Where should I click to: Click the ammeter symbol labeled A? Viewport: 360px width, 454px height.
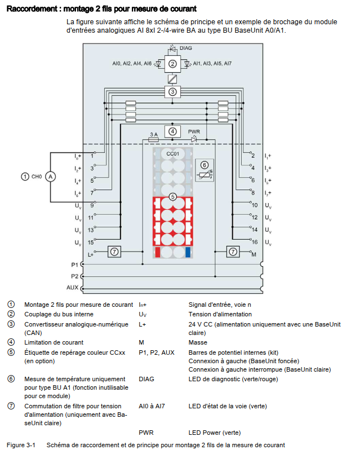[50, 177]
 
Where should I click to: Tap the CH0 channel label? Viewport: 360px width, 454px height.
[35, 177]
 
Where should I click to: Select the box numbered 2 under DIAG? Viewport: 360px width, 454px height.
[172, 63]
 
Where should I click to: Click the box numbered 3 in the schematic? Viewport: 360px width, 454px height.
[172, 91]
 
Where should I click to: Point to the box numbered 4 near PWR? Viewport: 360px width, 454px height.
[172, 131]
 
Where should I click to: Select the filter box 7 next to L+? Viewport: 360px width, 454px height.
[114, 251]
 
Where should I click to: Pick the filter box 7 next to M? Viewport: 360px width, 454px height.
[233, 251]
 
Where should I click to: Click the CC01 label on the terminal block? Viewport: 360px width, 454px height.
[172, 153]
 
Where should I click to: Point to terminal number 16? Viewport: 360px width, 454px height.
[255, 242]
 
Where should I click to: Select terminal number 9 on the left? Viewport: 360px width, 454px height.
[91, 206]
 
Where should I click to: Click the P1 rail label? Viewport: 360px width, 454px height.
[74, 265]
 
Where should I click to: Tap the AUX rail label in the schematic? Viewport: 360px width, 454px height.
[72, 287]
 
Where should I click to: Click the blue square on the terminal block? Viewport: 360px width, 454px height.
[188, 252]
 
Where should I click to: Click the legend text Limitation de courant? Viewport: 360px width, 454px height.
[54, 342]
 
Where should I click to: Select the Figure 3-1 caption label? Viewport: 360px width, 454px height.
[21, 446]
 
